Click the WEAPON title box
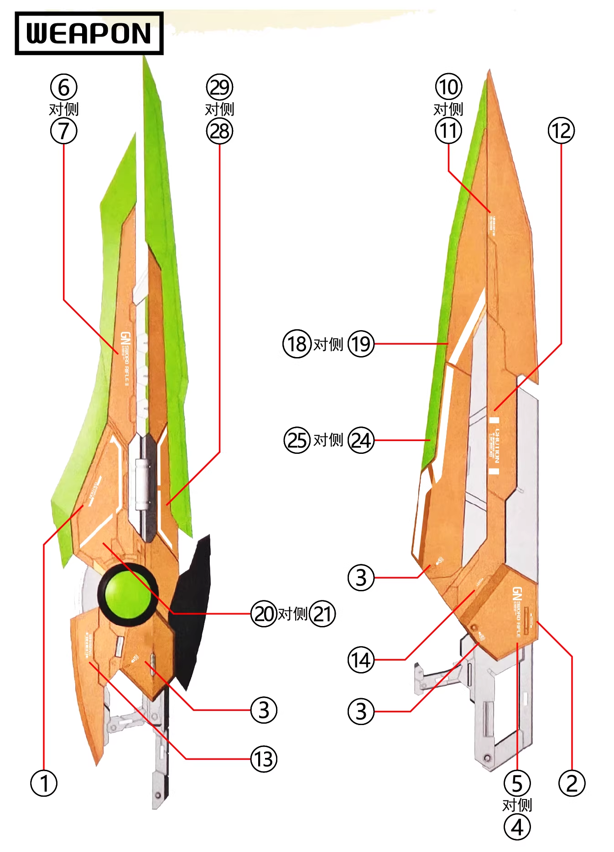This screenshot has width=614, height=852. point(89,33)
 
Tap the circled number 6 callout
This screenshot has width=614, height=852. point(64,87)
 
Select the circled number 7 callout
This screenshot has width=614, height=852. point(64,131)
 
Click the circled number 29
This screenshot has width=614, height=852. point(219,87)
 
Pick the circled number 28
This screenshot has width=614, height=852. point(219,131)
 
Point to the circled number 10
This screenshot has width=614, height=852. point(448,87)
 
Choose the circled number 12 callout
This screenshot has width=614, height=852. point(561,131)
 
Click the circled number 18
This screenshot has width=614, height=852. point(297,344)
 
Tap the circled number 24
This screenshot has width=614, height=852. point(361,440)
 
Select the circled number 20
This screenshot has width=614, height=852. point(264,614)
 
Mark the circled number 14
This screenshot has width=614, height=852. point(361,660)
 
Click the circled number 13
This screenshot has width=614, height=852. point(264,759)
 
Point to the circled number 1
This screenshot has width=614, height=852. point(44,784)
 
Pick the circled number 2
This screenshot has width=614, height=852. point(572,784)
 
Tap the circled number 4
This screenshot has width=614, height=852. point(517,827)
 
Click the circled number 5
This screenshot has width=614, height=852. point(517,784)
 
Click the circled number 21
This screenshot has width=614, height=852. point(322,614)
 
